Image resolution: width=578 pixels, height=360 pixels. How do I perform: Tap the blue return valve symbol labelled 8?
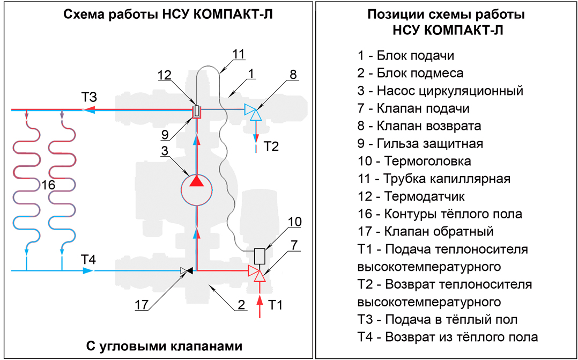click(x=253, y=112)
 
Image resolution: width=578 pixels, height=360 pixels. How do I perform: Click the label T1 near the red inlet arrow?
click(x=276, y=305)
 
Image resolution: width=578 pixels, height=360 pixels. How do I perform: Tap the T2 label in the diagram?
click(x=271, y=146)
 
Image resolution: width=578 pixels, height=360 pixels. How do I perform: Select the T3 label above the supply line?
click(x=89, y=98)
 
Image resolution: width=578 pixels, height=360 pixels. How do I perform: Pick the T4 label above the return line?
click(x=88, y=260)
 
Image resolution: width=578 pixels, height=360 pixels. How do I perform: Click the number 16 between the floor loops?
click(x=48, y=185)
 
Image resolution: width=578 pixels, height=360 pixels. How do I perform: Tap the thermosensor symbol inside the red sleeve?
click(x=197, y=110)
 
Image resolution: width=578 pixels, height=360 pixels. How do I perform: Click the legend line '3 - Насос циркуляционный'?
click(x=440, y=90)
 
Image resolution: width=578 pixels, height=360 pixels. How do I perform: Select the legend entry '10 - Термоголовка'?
click(x=414, y=161)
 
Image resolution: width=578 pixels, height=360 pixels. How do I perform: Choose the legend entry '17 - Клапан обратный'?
click(x=425, y=232)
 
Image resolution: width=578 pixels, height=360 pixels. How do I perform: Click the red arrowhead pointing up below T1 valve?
click(x=260, y=300)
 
